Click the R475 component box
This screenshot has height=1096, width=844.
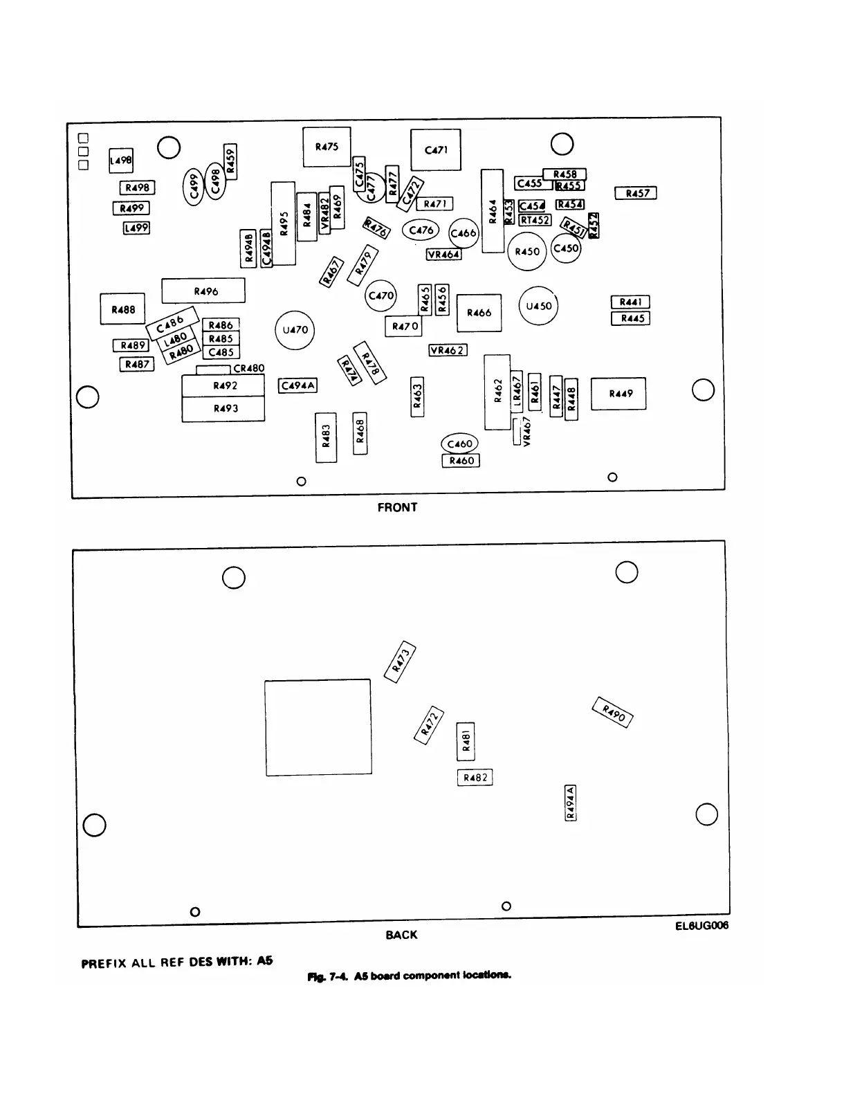pos(327,147)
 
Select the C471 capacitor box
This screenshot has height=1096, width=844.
pos(436,149)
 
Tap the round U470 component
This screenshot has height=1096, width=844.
pos(295,330)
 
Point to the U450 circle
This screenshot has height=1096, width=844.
pos(538,306)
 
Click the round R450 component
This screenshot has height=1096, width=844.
pos(527,252)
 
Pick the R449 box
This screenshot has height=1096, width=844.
pos(618,394)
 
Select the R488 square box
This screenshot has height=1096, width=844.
pos(123,309)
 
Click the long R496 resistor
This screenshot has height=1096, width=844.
pos(203,291)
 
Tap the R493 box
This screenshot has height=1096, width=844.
pos(223,409)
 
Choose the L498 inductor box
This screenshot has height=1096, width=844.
pos(121,161)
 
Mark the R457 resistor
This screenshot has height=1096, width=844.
pos(636,194)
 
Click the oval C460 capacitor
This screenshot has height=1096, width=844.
pos(459,444)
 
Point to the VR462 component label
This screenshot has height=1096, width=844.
pos(448,350)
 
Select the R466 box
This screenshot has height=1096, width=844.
pos(479,313)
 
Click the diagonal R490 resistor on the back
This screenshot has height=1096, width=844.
pos(614,713)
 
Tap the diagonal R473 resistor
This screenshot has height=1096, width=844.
pos(401,661)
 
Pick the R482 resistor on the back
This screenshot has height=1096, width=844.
pos(475,778)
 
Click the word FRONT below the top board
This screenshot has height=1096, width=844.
pos(397,508)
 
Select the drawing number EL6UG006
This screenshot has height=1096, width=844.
pos(701,926)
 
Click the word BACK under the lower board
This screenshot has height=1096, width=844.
pos(401,935)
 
